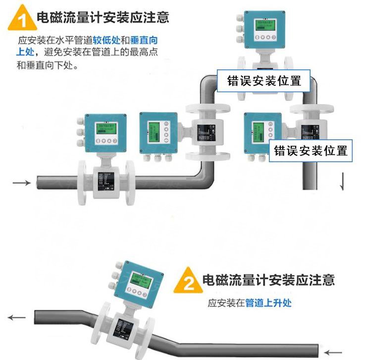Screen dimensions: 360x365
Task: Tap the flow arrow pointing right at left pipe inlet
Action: (x=21, y=183)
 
